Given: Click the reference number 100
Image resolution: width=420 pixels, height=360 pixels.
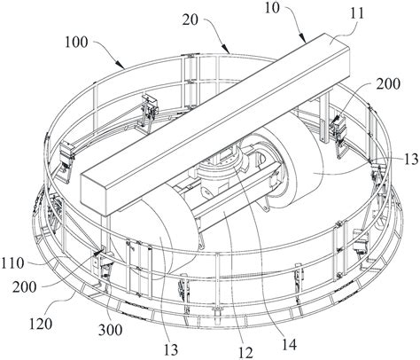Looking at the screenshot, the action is tap(76, 43).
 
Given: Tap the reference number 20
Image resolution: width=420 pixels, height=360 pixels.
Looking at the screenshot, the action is tap(191, 20).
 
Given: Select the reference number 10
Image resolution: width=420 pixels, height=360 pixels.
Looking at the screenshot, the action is tap(272, 8).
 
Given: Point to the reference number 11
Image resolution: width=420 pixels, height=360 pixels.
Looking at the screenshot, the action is tap(357, 13).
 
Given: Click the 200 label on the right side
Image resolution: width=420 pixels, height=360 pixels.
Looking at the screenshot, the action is tap(388, 84).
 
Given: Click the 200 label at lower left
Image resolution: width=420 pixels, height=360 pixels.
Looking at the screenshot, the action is tap(25, 287).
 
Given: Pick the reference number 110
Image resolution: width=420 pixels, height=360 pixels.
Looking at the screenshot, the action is tap(12, 263).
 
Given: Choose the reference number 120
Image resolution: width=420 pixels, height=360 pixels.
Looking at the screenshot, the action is tap(41, 324).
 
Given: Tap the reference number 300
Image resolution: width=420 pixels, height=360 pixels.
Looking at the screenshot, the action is tap(110, 330).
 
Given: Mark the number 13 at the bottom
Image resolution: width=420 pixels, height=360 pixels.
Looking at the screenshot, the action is tap(171, 350).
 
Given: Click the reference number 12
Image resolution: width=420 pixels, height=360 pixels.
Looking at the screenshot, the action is tap(245, 353).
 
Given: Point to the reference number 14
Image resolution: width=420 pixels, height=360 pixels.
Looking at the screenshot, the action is tap(289, 344).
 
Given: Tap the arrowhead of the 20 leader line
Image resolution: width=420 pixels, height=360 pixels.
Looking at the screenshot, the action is tap(225, 49).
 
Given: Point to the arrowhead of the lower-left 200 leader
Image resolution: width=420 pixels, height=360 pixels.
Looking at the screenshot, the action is tap(97, 252).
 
